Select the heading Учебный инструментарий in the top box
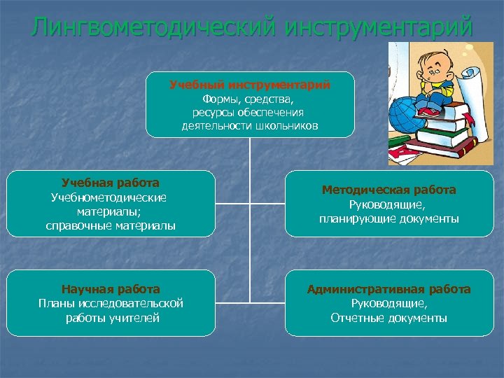[250, 85]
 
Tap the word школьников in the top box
[283, 126]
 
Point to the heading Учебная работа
[111, 183]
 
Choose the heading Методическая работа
[388, 190]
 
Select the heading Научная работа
[111, 288]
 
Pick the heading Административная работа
[388, 288]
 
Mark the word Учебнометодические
[109, 197]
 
